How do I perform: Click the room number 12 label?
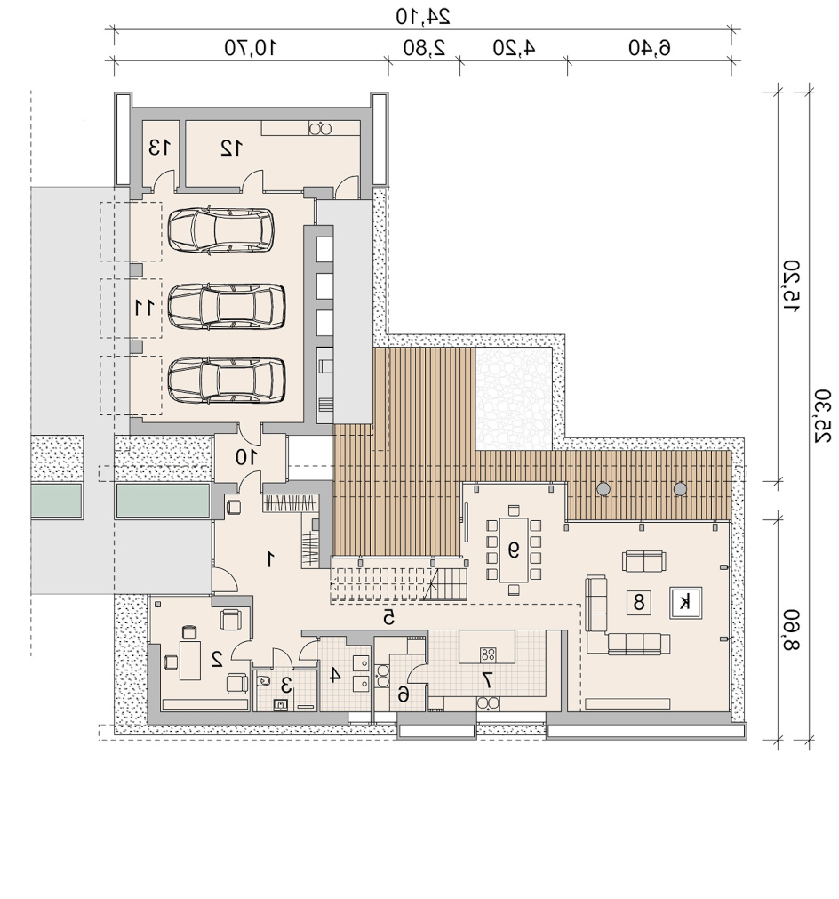pos(232,148)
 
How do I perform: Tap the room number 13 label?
pos(159,148)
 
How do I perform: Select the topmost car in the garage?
pos(220,230)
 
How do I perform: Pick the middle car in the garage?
pos(227,306)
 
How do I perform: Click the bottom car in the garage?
pos(227,380)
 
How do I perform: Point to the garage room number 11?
pos(144,308)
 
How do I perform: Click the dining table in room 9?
pos(514,550)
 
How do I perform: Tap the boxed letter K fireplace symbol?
pos(685,603)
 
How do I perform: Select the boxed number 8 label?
pos(638,602)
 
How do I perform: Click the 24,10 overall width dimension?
pos(423,16)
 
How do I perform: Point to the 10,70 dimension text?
pos(251,47)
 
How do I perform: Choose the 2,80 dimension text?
pos(424,48)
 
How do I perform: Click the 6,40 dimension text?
pos(650,48)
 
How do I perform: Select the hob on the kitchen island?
pos(488,654)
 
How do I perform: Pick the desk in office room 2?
pos(189,661)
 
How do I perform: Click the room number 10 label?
pos(246,457)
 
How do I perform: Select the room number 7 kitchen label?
pos(487,680)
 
